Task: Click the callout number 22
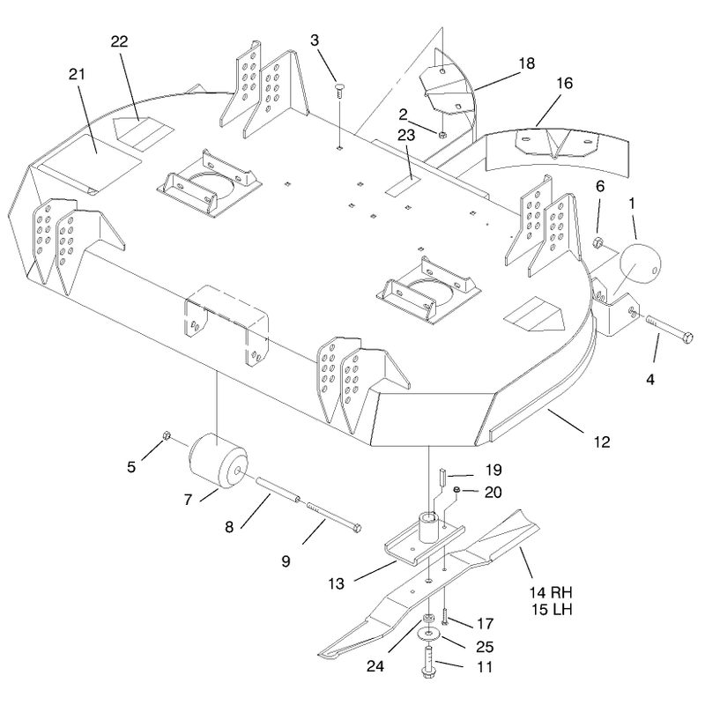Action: tap(120, 41)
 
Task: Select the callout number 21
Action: tap(77, 74)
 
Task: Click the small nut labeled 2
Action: tap(442, 133)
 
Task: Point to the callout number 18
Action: tap(527, 63)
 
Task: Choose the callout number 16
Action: tap(565, 83)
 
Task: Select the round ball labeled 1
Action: tap(641, 263)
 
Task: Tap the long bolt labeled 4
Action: tap(670, 330)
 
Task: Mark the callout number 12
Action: tap(602, 442)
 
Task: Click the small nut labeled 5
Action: tap(166, 435)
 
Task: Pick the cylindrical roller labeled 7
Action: tap(218, 461)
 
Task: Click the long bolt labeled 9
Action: tap(334, 517)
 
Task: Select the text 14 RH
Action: tap(551, 592)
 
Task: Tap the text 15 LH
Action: tap(552, 610)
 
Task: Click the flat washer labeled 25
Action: tap(429, 634)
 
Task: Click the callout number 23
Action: tap(406, 135)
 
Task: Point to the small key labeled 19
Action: tap(442, 476)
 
